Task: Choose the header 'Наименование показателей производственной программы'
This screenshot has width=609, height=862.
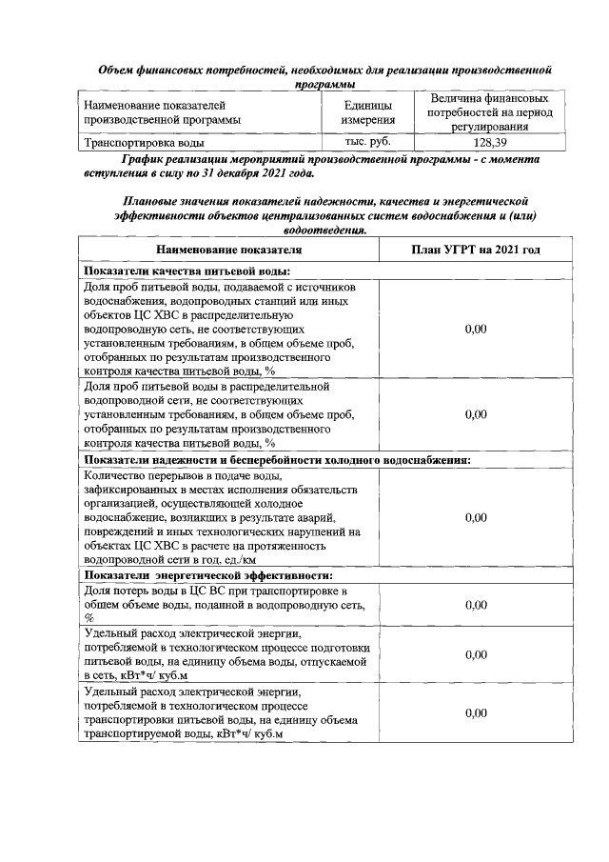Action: (x=162, y=112)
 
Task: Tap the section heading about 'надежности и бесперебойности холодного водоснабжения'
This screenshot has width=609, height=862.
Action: (x=277, y=460)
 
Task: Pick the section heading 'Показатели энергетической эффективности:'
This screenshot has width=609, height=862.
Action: (x=208, y=576)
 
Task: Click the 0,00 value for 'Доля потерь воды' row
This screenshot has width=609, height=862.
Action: (x=476, y=605)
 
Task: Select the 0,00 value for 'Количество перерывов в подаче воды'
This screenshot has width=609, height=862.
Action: (x=476, y=517)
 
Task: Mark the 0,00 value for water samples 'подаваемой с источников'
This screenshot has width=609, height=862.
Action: (x=476, y=329)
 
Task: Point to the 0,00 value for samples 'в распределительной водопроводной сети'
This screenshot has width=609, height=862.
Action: (x=476, y=415)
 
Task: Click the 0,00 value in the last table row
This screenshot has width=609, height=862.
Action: (x=476, y=712)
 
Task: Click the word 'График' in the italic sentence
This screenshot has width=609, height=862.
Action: (x=140, y=160)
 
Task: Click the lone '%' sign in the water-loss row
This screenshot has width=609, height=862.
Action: (x=88, y=618)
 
